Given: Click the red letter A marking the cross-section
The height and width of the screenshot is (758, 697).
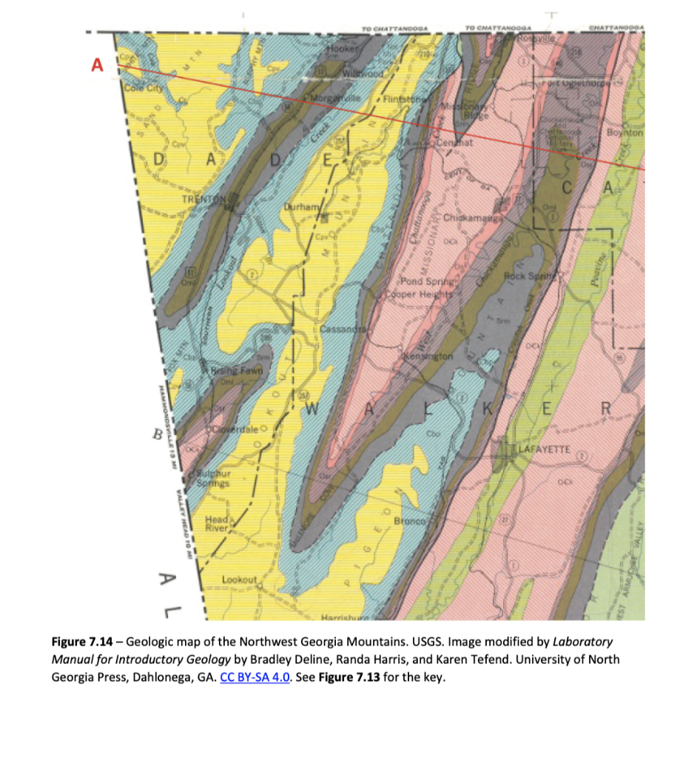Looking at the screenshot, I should [x=95, y=65].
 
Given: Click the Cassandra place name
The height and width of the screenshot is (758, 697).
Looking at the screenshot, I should [x=342, y=328].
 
